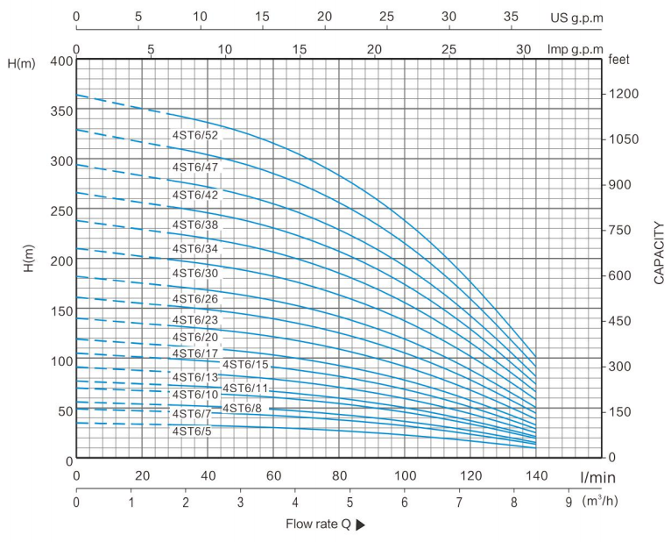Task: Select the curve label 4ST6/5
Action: (191, 431)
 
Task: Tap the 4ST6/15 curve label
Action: (246, 365)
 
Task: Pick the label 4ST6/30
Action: (194, 274)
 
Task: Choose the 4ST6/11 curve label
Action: (246, 388)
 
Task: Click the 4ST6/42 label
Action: (194, 195)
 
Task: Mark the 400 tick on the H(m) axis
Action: (60, 61)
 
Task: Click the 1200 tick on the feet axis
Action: (624, 94)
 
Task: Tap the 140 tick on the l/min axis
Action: (535, 475)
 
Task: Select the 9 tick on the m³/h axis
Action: (569, 503)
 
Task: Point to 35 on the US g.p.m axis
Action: (512, 17)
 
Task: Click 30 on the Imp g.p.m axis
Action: (524, 49)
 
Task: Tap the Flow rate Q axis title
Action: (317, 524)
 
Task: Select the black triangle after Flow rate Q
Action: (360, 525)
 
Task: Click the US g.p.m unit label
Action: (576, 18)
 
